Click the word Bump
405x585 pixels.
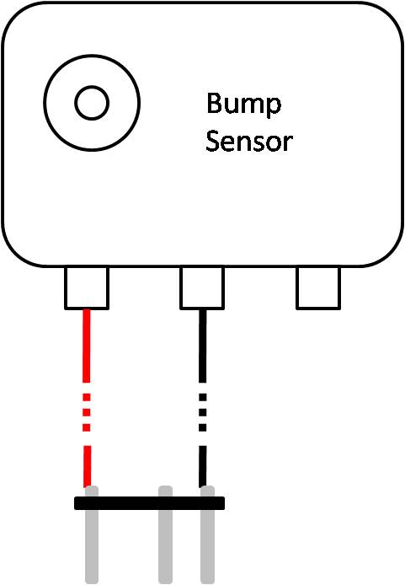tap(243, 105)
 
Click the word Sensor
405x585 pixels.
tap(249, 141)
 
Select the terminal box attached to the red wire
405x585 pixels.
tap(87, 287)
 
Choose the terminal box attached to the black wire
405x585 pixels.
tap(202, 287)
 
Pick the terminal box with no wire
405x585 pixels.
tap(318, 287)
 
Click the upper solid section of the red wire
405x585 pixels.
tap(87, 346)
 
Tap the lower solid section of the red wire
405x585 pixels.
tap(88, 466)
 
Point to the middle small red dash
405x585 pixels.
tap(87, 412)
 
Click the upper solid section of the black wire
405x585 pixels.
tap(202, 346)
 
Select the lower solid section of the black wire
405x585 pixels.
tap(202, 466)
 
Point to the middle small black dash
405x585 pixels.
tap(202, 412)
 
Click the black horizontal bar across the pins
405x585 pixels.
tap(149, 503)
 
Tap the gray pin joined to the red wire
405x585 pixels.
tap(92, 534)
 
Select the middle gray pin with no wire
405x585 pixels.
tap(165, 534)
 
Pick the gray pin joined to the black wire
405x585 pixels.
tap(207, 534)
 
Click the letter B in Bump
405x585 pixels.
tap(214, 103)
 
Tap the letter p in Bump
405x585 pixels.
tap(274, 108)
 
